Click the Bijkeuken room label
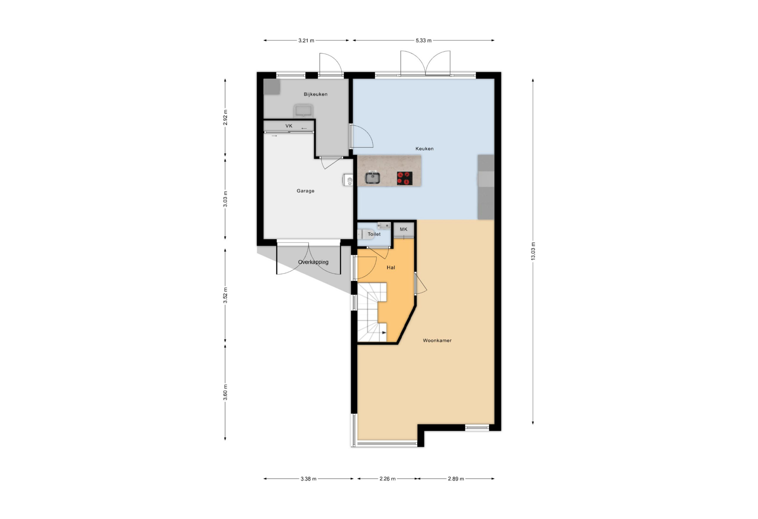[x=315, y=94]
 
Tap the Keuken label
[x=424, y=148]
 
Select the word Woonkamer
[x=437, y=340]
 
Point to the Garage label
[x=305, y=191]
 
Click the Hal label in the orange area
[x=391, y=267]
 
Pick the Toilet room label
[x=374, y=234]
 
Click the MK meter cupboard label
[x=404, y=229]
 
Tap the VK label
[x=289, y=126]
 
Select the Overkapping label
[x=313, y=262]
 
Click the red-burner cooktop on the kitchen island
[x=404, y=178]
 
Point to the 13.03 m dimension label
[x=533, y=251]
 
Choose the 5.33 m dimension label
[x=423, y=41]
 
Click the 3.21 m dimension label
[x=306, y=41]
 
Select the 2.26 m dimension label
[x=388, y=479]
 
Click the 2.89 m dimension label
[x=456, y=479]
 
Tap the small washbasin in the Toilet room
[x=384, y=225]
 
